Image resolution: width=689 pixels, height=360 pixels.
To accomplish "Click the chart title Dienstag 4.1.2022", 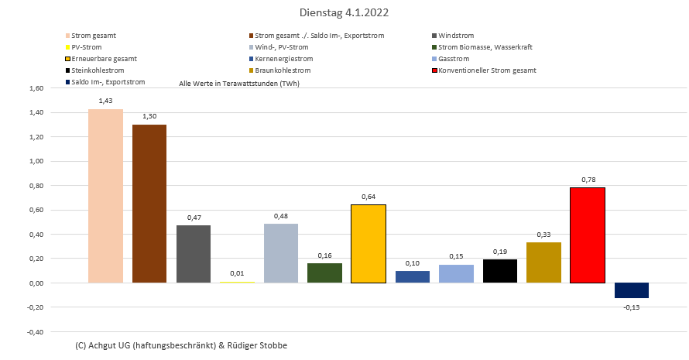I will tap(344, 13).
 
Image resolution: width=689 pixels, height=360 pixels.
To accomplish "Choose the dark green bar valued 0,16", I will tap(324, 273).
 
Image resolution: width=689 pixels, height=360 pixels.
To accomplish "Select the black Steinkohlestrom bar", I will tap(500, 271).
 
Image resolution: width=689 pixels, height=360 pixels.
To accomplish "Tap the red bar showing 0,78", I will tap(588, 235).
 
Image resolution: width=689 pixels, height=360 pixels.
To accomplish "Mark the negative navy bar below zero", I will tap(632, 290).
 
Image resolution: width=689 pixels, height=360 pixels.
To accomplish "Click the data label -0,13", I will tap(632, 307).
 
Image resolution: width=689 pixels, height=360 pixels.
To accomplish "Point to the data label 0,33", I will tap(543, 235).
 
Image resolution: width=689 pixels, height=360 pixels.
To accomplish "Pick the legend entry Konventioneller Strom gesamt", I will tap(487, 70).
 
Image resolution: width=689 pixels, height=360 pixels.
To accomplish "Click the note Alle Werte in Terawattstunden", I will tap(238, 83).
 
